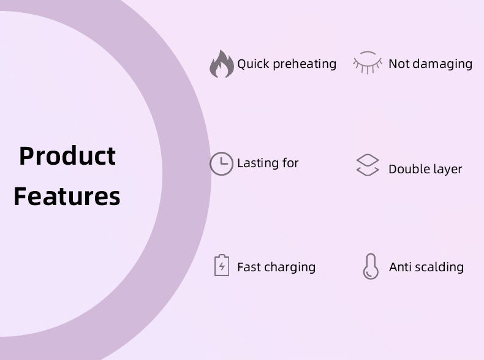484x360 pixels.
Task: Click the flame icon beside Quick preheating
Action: click(x=222, y=64)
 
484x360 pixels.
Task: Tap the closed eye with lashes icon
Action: click(x=368, y=62)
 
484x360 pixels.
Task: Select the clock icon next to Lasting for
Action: click(x=221, y=163)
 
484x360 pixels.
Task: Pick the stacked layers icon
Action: click(x=368, y=165)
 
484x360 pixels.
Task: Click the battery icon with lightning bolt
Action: click(x=222, y=265)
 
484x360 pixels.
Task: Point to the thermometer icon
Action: click(x=371, y=266)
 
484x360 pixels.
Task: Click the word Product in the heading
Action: click(x=67, y=156)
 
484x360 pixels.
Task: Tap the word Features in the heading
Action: click(x=67, y=197)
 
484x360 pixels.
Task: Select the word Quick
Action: click(x=253, y=64)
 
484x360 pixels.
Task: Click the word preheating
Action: click(x=304, y=64)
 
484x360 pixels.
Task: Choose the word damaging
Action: click(x=442, y=64)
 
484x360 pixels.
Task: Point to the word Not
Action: click(x=399, y=64)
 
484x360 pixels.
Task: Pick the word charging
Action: click(x=290, y=268)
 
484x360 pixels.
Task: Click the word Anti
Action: click(x=400, y=267)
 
